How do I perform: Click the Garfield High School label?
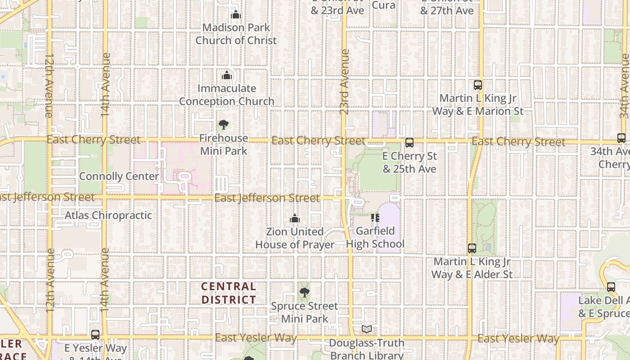(x=375, y=238)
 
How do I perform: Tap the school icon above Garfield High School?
(x=375, y=218)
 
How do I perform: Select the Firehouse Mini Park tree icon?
(x=223, y=125)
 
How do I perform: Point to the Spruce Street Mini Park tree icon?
(x=304, y=293)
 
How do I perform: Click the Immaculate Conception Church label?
(x=227, y=95)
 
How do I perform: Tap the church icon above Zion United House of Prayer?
(x=295, y=219)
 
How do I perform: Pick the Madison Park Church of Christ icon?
(x=235, y=15)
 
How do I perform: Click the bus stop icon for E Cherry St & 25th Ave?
(x=409, y=143)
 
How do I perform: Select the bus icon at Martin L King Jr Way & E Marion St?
(x=477, y=85)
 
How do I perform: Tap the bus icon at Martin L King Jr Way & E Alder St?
(x=472, y=248)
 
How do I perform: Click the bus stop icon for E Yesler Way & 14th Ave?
(x=95, y=335)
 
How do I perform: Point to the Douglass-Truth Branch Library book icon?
(x=367, y=329)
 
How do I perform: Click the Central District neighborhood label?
(x=229, y=293)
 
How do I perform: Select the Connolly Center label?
(x=119, y=176)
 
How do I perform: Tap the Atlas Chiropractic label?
(x=108, y=215)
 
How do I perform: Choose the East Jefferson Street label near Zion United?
(x=267, y=198)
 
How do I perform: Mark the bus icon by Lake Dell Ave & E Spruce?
(x=611, y=287)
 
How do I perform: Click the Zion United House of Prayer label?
(x=295, y=238)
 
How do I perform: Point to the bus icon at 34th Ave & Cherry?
(x=621, y=138)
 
